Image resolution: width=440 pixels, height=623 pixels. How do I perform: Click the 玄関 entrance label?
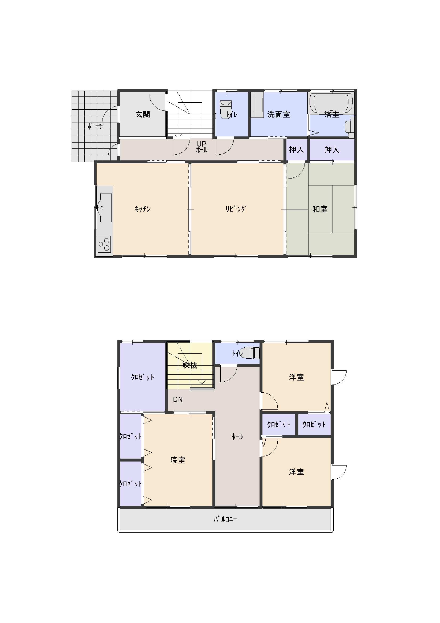143,114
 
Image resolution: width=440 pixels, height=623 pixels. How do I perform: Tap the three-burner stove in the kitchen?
104,244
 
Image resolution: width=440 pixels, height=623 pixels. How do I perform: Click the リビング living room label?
236,209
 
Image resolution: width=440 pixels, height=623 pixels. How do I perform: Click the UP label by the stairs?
202,144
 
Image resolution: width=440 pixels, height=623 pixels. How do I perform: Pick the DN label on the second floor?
178,399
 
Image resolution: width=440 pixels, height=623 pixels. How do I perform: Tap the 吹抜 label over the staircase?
190,365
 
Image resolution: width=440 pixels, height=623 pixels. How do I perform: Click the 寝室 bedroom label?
178,460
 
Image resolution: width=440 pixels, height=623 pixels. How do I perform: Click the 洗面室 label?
279,114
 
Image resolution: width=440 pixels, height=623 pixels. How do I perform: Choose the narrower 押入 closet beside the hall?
297,149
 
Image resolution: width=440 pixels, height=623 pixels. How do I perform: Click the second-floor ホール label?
237,436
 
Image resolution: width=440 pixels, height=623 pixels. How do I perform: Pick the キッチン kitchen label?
143,209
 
